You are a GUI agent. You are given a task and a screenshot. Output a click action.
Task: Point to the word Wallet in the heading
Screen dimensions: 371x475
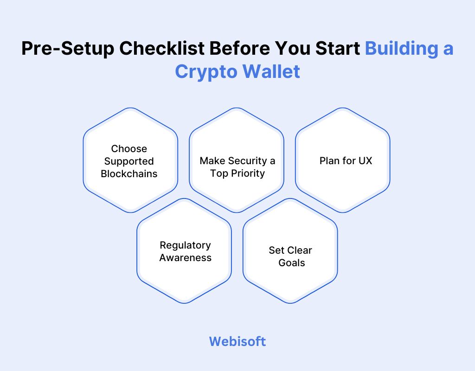[x=270, y=72]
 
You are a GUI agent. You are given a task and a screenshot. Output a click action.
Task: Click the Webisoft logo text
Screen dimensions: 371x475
[x=237, y=341]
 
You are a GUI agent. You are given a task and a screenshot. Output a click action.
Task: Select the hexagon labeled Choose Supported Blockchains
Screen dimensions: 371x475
[x=130, y=160]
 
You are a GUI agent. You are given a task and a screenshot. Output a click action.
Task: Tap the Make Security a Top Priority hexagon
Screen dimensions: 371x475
[x=237, y=160]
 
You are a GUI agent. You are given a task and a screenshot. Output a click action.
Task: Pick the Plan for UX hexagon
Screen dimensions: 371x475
[x=343, y=160]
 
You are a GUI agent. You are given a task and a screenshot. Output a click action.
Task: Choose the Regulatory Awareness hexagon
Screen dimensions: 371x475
[x=184, y=251]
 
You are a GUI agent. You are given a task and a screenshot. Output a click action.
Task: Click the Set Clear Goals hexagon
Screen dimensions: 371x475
[x=290, y=251]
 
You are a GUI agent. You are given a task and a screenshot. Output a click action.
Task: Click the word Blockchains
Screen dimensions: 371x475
[x=129, y=174]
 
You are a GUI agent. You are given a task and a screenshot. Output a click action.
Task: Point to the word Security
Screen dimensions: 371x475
[x=244, y=161]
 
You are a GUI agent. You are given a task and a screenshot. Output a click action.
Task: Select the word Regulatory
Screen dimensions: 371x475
[x=185, y=245]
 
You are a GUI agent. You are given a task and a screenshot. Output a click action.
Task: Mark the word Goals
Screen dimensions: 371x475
[x=292, y=262]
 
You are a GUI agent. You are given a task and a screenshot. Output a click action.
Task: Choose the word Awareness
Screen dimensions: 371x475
[x=185, y=257]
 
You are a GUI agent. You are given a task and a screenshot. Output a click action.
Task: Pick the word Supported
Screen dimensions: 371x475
[x=129, y=161]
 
